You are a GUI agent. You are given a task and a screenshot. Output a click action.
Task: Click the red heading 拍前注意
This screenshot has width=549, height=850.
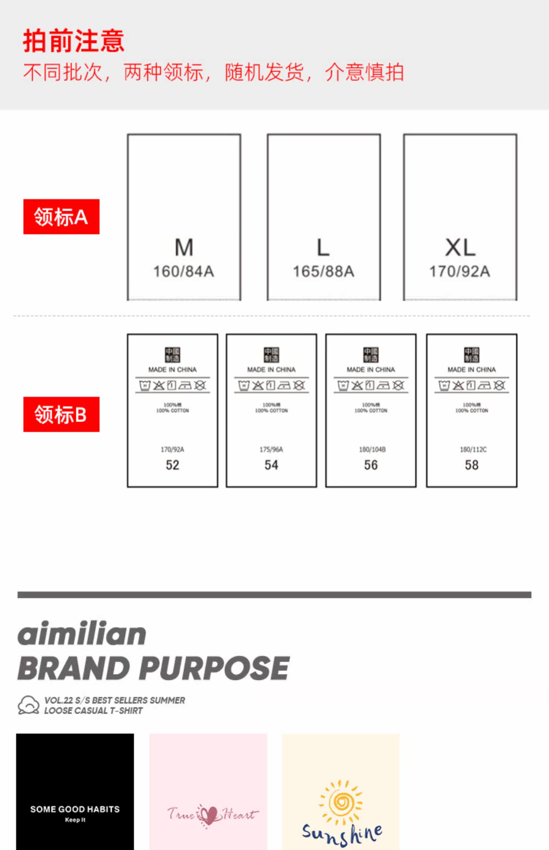point(74,41)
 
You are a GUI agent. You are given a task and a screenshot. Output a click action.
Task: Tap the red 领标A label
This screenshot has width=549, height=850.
point(61,217)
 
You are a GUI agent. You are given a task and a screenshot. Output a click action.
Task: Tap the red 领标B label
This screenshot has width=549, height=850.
point(61,414)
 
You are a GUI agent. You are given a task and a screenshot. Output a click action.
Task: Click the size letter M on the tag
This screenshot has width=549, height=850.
point(184,248)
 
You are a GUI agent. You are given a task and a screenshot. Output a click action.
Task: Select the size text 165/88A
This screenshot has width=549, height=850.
point(324,272)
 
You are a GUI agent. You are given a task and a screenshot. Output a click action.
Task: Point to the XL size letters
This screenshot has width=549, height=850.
point(460,248)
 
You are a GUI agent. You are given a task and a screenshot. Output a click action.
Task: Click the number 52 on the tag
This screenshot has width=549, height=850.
point(172,465)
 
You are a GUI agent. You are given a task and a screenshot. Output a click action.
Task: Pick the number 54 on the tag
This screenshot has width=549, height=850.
point(271,465)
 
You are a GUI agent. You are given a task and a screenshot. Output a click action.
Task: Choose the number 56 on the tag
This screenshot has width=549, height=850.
point(371,465)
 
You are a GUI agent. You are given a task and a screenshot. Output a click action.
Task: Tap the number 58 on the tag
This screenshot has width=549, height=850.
point(471,465)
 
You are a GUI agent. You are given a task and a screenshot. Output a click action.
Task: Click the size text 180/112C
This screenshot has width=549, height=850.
point(473,450)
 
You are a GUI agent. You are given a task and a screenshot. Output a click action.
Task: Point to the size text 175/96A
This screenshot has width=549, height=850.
point(271,450)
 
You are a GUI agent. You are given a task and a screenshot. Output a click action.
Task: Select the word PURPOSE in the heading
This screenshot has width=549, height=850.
point(215,668)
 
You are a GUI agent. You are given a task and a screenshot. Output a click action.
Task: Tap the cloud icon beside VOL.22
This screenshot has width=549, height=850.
point(29,705)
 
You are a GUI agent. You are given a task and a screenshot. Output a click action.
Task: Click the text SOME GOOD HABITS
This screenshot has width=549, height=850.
point(75,809)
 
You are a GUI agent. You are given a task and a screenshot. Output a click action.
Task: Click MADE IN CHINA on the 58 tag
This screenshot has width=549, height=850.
point(471,370)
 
